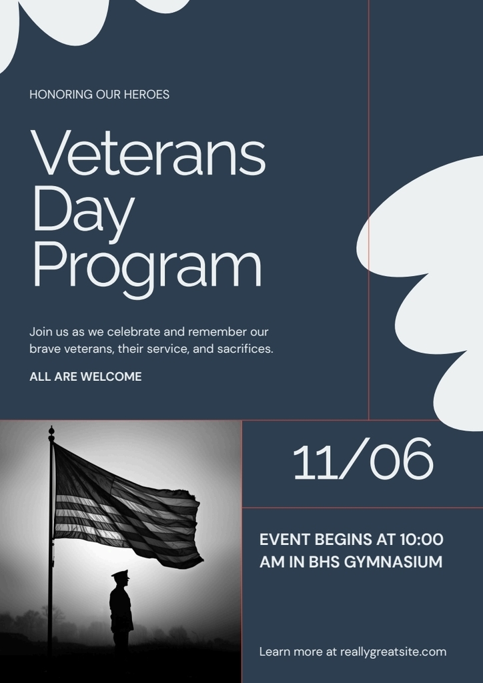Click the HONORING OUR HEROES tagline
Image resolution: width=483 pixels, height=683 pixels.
click(99, 94)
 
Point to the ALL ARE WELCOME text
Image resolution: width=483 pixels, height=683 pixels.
click(85, 376)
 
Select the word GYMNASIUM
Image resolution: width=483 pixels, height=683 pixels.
click(393, 562)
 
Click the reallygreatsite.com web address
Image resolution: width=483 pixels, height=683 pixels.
click(393, 652)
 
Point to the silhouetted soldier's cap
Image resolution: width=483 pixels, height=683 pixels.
click(120, 574)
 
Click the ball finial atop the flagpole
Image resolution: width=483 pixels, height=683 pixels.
click(51, 430)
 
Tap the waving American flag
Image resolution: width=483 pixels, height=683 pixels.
click(127, 507)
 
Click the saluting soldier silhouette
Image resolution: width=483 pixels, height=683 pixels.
click(121, 610)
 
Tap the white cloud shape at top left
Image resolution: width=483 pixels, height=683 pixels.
click(40, 23)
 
